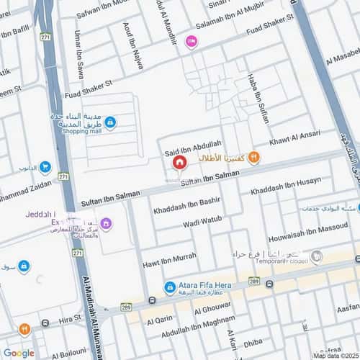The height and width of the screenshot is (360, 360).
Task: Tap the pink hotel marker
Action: pyautogui.click(x=191, y=42)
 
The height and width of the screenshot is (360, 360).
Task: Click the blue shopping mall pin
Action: pyautogui.click(x=109, y=123)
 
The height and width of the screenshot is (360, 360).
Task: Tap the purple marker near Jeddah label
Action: pyautogui.click(x=107, y=223)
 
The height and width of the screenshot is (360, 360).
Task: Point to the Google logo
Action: pyautogui.click(x=19, y=352)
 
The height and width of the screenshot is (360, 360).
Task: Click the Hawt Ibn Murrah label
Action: pyautogui.click(x=169, y=258)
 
